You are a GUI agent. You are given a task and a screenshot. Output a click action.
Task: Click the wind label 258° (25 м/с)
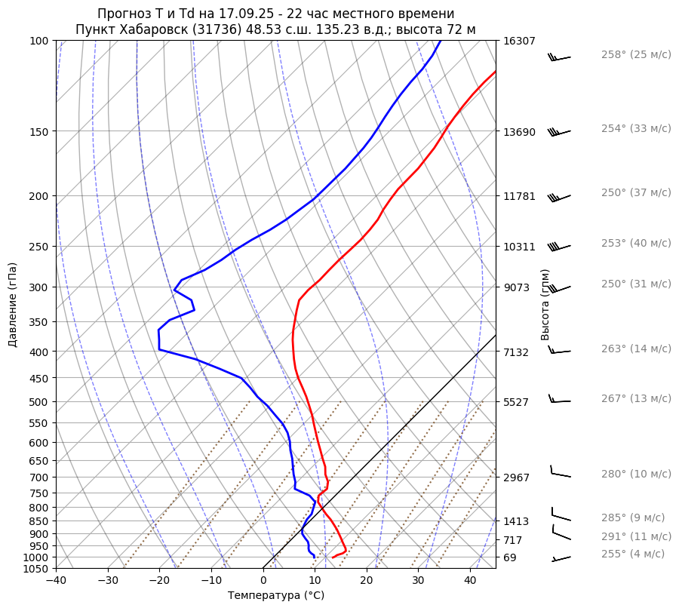click(x=636, y=55)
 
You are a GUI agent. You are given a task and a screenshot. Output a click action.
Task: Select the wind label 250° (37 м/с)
click(x=636, y=193)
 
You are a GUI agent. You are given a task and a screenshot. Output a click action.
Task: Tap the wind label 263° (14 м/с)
click(x=636, y=349)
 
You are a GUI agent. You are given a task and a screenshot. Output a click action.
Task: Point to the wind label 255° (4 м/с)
click(x=633, y=554)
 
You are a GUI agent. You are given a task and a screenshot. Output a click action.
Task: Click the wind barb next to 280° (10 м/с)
click(x=560, y=473)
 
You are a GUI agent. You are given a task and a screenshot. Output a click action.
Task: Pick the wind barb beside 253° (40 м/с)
click(x=559, y=246)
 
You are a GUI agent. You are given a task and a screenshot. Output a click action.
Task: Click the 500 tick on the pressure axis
click(x=39, y=402)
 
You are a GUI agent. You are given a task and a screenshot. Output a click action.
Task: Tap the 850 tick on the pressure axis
click(x=39, y=521)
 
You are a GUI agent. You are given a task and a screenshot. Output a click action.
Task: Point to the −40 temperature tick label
click(x=56, y=581)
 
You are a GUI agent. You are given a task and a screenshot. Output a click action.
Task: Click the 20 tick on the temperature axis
click(x=367, y=581)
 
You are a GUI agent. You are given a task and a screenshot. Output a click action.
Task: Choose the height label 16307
click(x=519, y=41)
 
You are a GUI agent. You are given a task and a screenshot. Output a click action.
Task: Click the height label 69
click(x=510, y=557)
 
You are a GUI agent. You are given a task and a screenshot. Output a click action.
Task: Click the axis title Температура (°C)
click(x=276, y=596)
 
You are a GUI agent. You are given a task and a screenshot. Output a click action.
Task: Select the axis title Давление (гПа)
click(x=13, y=305)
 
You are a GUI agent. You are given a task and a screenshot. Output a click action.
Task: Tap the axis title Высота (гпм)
click(x=545, y=305)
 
